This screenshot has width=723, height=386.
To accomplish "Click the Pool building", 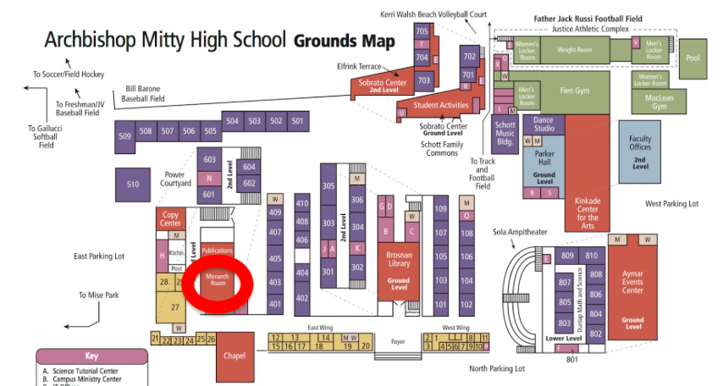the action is pyautogui.click(x=694, y=58).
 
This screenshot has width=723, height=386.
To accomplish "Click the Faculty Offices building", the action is pyautogui.click(x=640, y=152).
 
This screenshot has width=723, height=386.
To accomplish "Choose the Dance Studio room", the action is pyautogui.click(x=544, y=124).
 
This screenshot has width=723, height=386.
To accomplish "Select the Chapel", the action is pyautogui.click(x=234, y=356).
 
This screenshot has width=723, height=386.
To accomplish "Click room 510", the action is pyautogui.click(x=133, y=185).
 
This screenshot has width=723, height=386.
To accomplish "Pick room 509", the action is pyautogui.click(x=125, y=135).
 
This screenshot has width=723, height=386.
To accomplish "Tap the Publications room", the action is pyautogui.click(x=217, y=251).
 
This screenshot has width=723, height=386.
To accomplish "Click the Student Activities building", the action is pyautogui.click(x=440, y=106).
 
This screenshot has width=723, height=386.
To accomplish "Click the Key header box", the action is pyautogui.click(x=91, y=356).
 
